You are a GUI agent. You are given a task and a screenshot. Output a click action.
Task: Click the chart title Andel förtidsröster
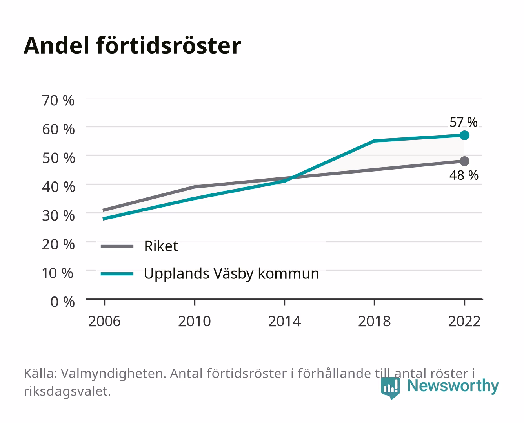(132, 46)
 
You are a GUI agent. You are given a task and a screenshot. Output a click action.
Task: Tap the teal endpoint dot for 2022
(464, 136)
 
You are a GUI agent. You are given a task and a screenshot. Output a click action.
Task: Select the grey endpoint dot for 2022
(464, 161)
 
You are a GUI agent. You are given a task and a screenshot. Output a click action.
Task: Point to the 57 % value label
(464, 122)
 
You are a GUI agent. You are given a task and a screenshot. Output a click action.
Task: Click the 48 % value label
(464, 175)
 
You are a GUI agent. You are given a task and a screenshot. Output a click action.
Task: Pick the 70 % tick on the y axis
(58, 101)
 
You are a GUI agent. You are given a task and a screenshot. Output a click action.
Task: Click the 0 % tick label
(62, 302)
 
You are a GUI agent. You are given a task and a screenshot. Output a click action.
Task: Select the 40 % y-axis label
(58, 187)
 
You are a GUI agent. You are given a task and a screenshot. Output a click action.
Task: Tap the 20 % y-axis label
(58, 245)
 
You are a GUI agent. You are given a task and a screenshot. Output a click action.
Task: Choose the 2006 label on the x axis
(104, 321)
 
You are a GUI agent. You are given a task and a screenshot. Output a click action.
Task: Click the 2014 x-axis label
(284, 321)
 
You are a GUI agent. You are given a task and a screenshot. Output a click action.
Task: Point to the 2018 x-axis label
(375, 321)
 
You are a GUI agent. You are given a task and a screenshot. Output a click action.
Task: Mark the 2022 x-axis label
(464, 321)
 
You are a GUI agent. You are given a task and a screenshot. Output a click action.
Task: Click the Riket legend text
(161, 246)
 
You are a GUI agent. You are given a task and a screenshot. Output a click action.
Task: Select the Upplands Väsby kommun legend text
(231, 274)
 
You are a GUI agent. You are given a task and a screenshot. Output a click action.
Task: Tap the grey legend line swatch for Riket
(117, 246)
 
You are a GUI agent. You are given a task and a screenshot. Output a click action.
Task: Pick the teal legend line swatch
(117, 274)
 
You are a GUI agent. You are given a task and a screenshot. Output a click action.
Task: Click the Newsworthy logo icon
(390, 387)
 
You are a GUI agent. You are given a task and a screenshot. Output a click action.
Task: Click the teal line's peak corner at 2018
(375, 141)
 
